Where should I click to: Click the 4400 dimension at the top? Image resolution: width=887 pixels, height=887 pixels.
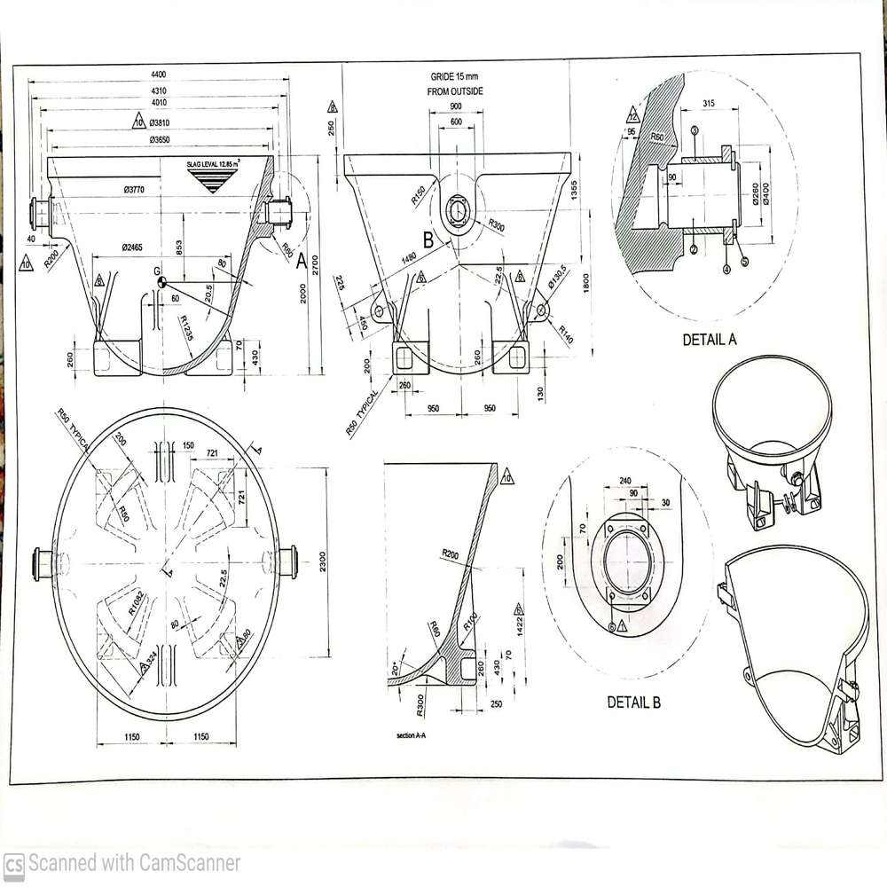[x=159, y=74]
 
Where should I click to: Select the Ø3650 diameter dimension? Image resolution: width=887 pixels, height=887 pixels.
[x=160, y=139]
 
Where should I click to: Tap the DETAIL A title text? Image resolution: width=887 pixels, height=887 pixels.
[x=709, y=339]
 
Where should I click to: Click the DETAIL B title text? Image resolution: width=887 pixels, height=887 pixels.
[x=633, y=702]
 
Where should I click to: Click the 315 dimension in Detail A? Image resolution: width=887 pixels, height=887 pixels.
[x=708, y=104]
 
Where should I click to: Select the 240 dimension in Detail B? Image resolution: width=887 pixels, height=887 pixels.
[x=624, y=482]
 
